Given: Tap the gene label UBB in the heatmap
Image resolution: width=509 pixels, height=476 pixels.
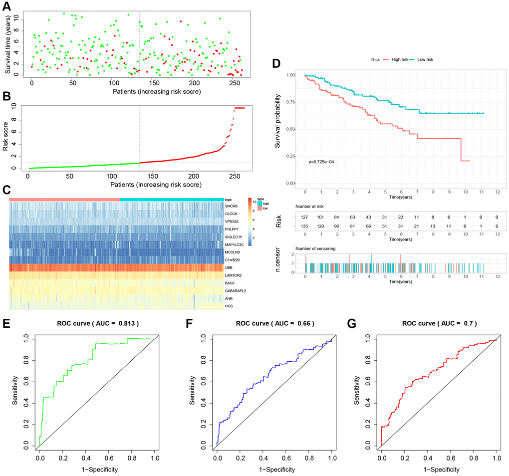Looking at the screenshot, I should click(x=229, y=268).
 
